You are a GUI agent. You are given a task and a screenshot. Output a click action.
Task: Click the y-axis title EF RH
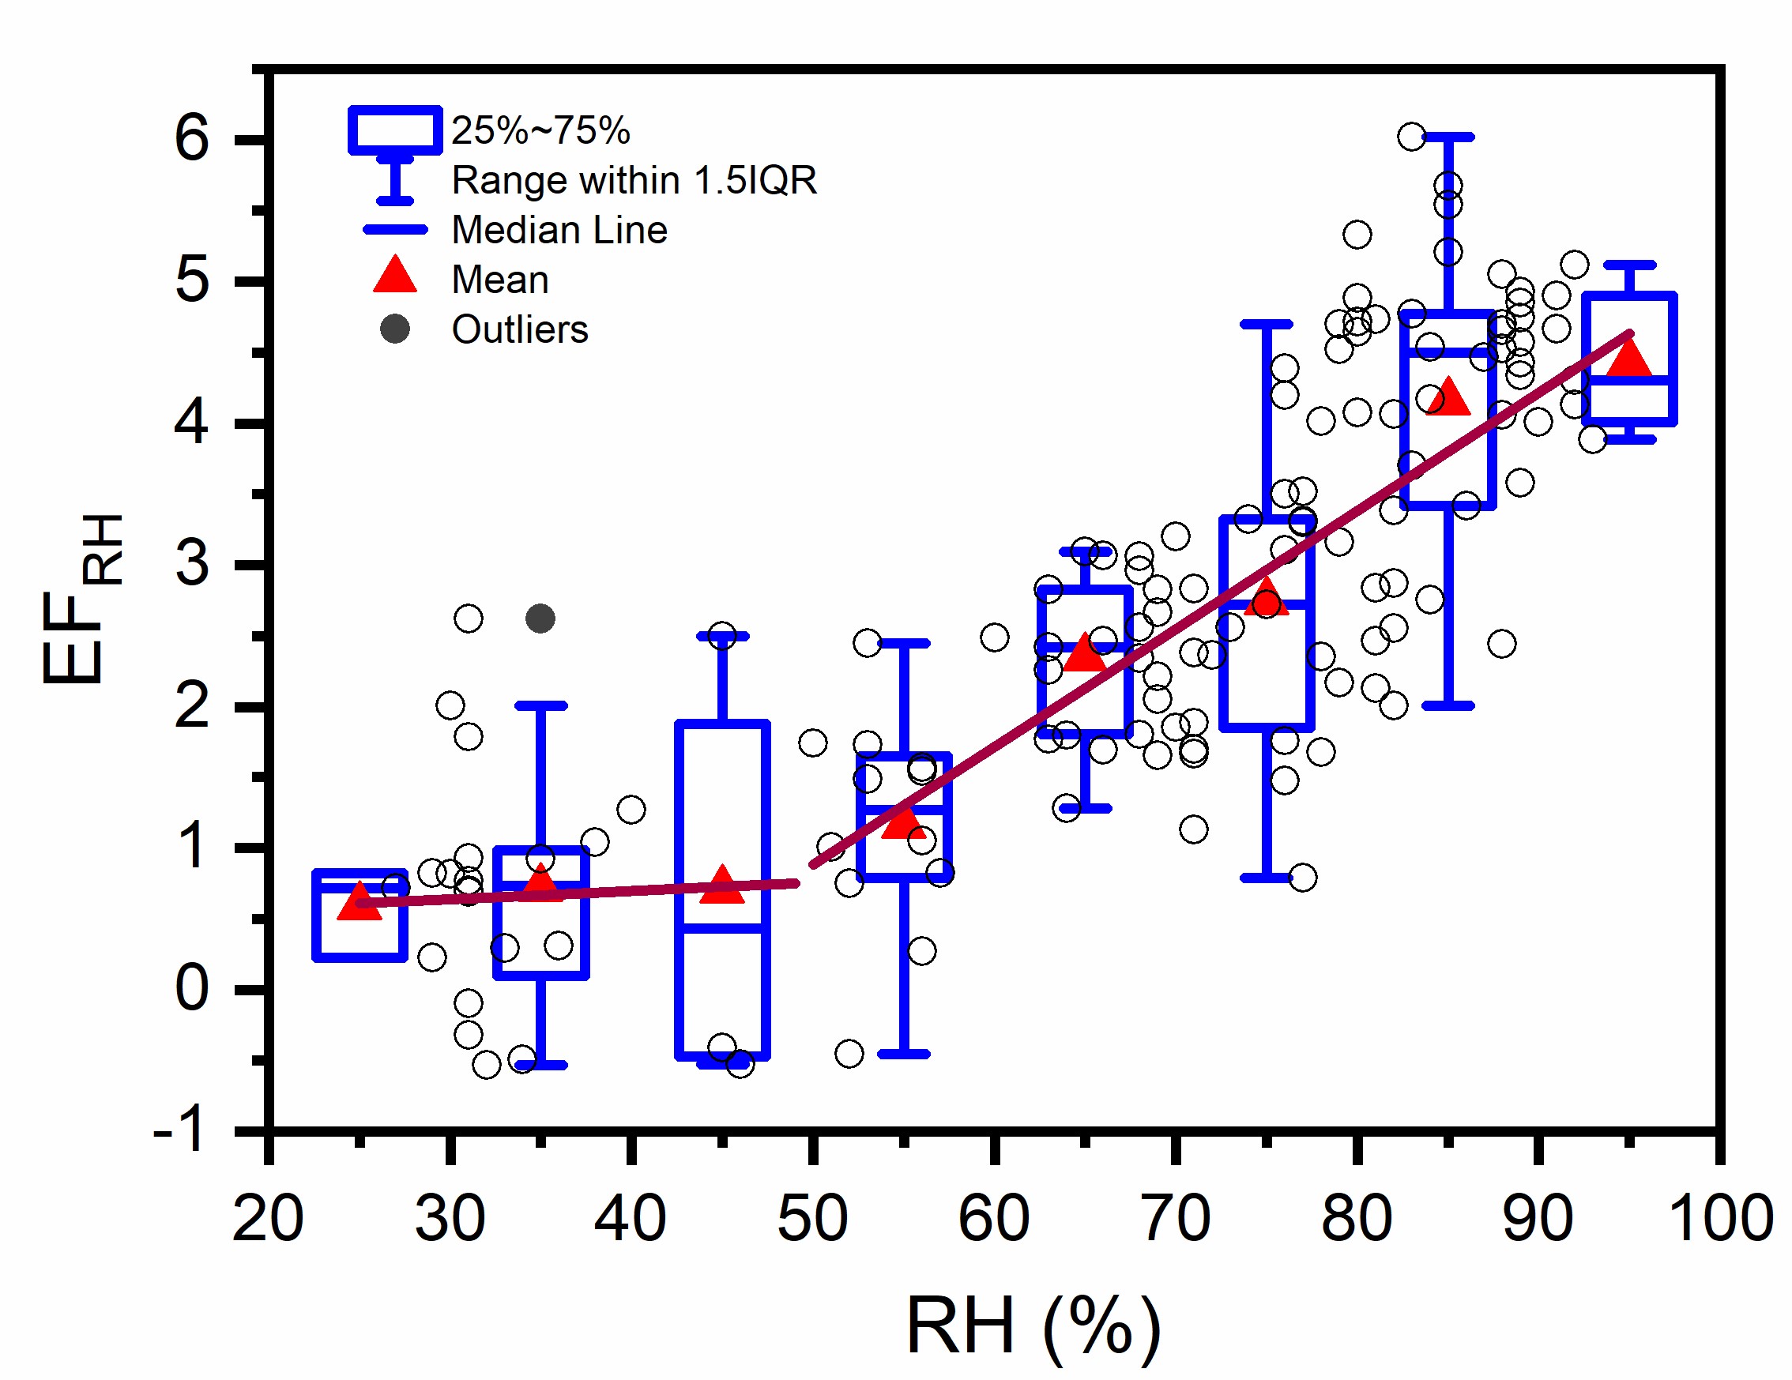coord(82,599)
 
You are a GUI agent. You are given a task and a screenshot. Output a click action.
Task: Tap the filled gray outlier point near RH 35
coord(540,619)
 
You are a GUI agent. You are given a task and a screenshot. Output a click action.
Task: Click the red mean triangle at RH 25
coord(360,903)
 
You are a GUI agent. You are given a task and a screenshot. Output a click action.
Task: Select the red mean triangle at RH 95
coord(1629,359)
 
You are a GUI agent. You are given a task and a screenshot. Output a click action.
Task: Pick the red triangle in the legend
coord(396,276)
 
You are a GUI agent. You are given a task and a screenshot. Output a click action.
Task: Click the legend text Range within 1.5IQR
coord(634,181)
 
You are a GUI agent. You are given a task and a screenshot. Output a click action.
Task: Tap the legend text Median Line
coord(559,231)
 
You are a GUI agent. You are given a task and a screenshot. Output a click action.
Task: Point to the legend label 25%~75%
coord(540,130)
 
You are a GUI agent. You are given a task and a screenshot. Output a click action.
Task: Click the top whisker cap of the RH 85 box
coord(1448,137)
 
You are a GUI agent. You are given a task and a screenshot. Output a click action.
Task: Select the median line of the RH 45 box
coord(722,929)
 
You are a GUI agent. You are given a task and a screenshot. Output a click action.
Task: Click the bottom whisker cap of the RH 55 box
coord(904,1054)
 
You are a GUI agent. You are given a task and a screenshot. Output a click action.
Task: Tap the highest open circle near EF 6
coord(1411,136)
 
